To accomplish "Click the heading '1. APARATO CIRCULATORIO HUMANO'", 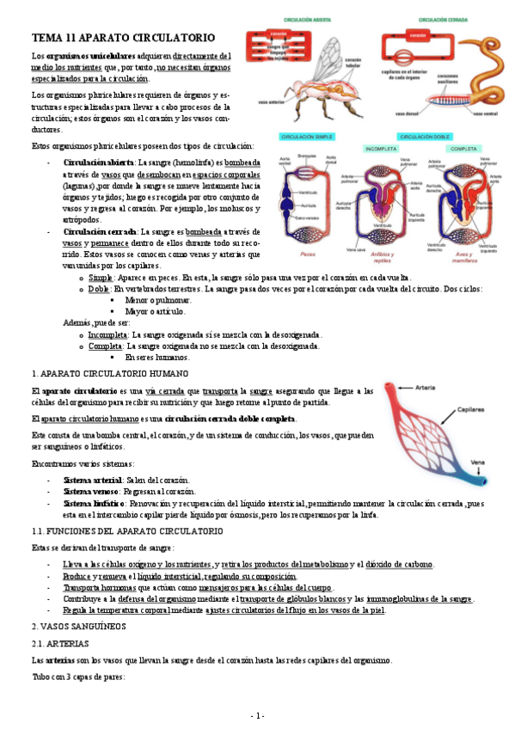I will (x=109, y=374).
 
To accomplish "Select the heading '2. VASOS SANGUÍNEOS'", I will (x=77, y=627).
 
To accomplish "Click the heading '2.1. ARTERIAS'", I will (x=61, y=643).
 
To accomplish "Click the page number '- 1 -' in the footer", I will (x=257, y=716).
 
